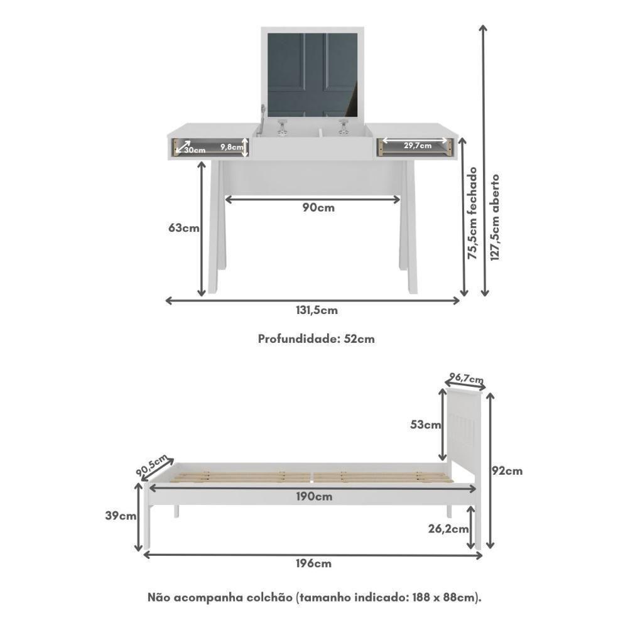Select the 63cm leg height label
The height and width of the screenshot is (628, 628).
click(x=184, y=228)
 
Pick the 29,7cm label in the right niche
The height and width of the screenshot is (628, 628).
click(x=418, y=146)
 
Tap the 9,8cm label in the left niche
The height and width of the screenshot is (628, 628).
click(x=232, y=146)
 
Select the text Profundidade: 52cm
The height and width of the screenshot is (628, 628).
click(x=317, y=338)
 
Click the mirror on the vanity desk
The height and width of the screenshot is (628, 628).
click(x=312, y=74)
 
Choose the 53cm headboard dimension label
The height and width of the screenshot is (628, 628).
click(x=426, y=425)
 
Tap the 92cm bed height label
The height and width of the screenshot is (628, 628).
click(x=507, y=470)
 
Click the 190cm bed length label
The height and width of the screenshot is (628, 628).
click(x=315, y=497)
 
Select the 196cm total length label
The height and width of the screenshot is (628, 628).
click(x=315, y=563)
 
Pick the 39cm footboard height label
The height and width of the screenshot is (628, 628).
click(x=121, y=516)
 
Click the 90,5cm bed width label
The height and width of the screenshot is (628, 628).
click(x=151, y=465)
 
